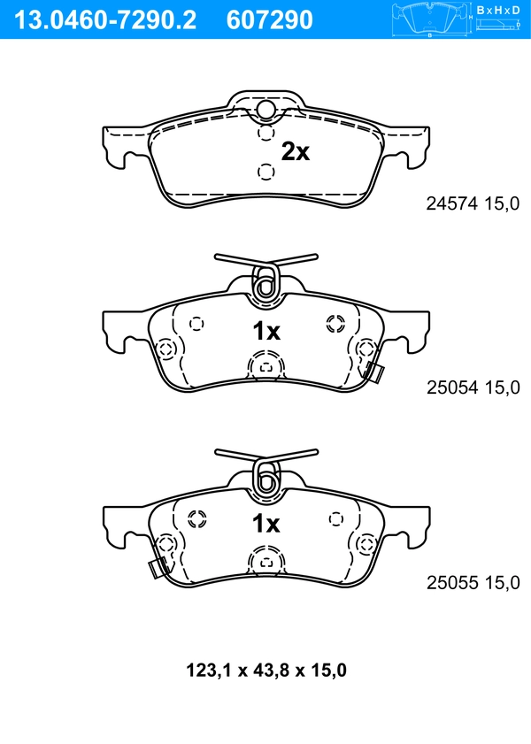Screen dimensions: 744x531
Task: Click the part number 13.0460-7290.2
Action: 101,19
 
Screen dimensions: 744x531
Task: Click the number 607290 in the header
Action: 270,19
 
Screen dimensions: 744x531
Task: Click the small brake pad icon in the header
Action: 430,18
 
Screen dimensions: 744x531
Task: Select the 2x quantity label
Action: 296,152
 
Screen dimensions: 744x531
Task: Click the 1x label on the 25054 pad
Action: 266,332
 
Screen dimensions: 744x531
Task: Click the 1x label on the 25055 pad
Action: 266,525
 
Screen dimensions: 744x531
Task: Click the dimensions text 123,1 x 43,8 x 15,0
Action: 265,671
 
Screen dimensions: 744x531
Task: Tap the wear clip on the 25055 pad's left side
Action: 158,569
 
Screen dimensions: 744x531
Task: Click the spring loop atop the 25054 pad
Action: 265,282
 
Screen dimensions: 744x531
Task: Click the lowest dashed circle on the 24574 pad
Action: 264,170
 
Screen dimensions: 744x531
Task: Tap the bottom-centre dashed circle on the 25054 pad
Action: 265,364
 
